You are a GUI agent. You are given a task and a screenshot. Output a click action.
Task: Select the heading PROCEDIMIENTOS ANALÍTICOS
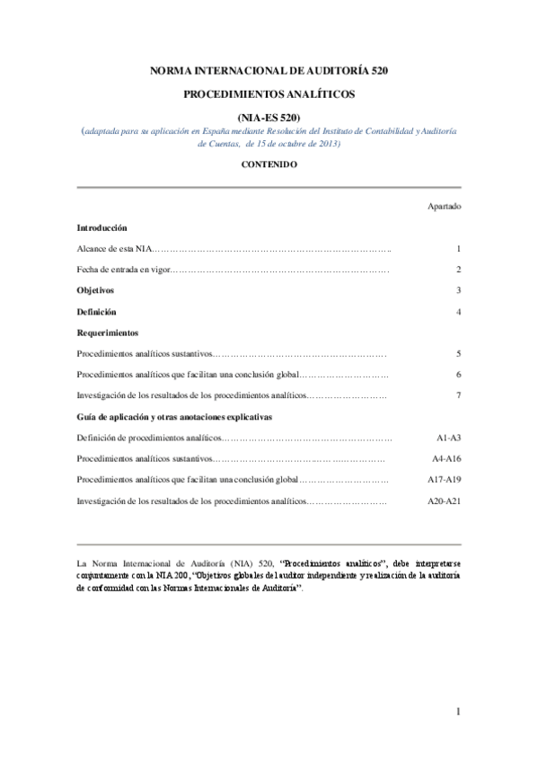[x=269, y=93]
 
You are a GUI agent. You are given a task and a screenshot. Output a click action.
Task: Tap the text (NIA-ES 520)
[x=269, y=117]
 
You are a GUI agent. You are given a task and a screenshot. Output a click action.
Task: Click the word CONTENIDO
[x=269, y=164]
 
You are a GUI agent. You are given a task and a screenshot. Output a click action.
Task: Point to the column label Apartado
[x=445, y=206]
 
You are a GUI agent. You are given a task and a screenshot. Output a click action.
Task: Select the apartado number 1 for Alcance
[x=458, y=248]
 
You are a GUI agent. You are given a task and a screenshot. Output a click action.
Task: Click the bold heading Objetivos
[x=95, y=290]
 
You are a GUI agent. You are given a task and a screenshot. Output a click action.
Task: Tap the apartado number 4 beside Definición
[x=458, y=312]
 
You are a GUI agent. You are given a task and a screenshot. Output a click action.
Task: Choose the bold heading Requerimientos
[x=108, y=332]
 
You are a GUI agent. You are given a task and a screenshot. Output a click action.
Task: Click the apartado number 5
[x=458, y=354]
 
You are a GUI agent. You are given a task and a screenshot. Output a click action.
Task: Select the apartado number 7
[x=458, y=395]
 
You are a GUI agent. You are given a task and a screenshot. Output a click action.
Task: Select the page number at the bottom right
[x=458, y=713]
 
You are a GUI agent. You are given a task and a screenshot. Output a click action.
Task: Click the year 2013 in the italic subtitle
[x=324, y=143]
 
